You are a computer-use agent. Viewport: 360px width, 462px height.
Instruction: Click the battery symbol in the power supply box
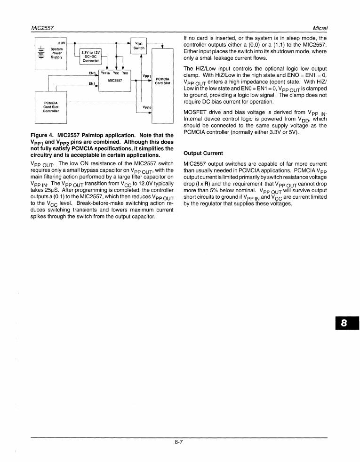[42, 53]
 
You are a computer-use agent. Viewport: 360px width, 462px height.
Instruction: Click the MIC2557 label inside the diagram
[116, 81]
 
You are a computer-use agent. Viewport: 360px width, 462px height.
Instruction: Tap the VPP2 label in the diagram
[146, 107]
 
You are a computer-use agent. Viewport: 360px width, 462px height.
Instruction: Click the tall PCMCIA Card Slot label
[162, 81]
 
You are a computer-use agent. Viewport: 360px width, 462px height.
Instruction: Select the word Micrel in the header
[318, 29]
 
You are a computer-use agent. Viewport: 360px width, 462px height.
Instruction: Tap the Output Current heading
[203, 153]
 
